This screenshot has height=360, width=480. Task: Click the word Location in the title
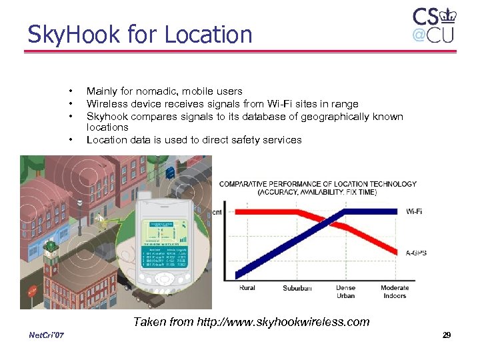(x=207, y=34)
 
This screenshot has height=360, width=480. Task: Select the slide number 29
(x=447, y=335)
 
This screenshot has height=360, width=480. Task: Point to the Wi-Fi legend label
(x=414, y=211)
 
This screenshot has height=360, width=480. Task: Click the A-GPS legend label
(x=417, y=253)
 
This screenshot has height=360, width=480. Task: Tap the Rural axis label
(x=247, y=289)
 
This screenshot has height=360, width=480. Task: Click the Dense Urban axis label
(x=345, y=292)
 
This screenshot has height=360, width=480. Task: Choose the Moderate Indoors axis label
(x=395, y=292)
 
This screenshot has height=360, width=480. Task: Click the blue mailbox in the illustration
(x=171, y=173)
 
